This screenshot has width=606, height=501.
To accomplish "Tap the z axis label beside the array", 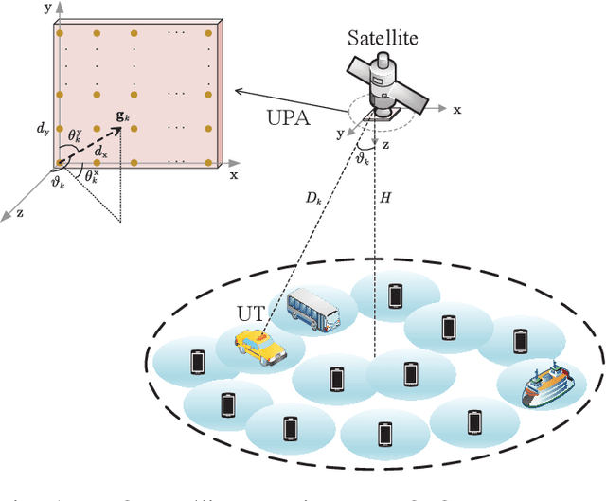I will (x=21, y=214).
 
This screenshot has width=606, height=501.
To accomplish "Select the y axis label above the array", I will (x=45, y=7).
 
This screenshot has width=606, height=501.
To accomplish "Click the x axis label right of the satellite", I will (x=457, y=110).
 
